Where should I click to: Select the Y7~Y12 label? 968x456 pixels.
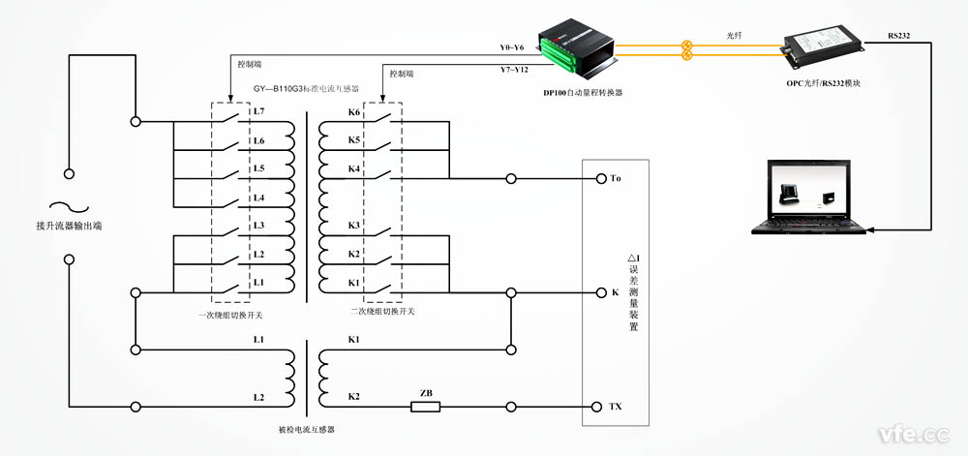click(x=511, y=71)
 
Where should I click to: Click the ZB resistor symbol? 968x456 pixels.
click(x=425, y=407)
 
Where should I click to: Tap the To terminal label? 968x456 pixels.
click(x=616, y=179)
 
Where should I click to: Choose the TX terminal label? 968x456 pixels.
click(x=616, y=407)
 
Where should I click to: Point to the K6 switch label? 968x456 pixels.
click(x=354, y=113)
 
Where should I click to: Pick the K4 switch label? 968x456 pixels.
click(x=354, y=169)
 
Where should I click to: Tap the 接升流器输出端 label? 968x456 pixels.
click(x=69, y=226)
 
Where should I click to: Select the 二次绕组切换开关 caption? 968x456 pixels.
click(x=381, y=311)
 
